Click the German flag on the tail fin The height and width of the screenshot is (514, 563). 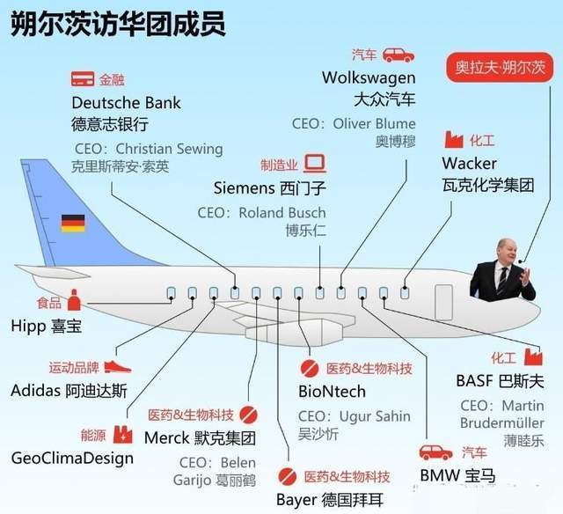pyautogui.click(x=73, y=223)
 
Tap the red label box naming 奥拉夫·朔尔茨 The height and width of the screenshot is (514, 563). pyautogui.click(x=501, y=67)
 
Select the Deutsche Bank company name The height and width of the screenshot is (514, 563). pyautogui.click(x=126, y=103)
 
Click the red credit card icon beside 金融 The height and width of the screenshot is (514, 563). pyautogui.click(x=83, y=79)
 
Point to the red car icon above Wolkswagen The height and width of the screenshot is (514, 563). pyautogui.click(x=398, y=55)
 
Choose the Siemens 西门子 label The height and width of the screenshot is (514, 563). pyautogui.click(x=270, y=187)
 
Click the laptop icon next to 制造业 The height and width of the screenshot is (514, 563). pyautogui.click(x=315, y=164)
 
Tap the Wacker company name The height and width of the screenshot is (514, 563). pyautogui.click(x=469, y=164)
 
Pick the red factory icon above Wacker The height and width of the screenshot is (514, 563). pyautogui.click(x=454, y=139)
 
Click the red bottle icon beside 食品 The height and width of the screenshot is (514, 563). pyautogui.click(x=74, y=300)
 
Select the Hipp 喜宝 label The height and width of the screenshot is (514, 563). pyautogui.click(x=47, y=327)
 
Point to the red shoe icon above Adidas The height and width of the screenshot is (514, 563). pyautogui.click(x=118, y=367)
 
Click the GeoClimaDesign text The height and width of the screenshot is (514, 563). pyautogui.click(x=72, y=459)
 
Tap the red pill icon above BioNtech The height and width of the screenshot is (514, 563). pyautogui.click(x=309, y=368)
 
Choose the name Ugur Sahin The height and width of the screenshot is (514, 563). pyautogui.click(x=375, y=416)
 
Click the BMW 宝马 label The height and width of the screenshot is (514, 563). pyautogui.click(x=457, y=475)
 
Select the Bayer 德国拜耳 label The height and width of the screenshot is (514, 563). pyautogui.click(x=330, y=500)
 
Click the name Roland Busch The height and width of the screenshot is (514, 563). pyautogui.click(x=282, y=213)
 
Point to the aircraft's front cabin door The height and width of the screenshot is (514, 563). pyautogui.click(x=443, y=302)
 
